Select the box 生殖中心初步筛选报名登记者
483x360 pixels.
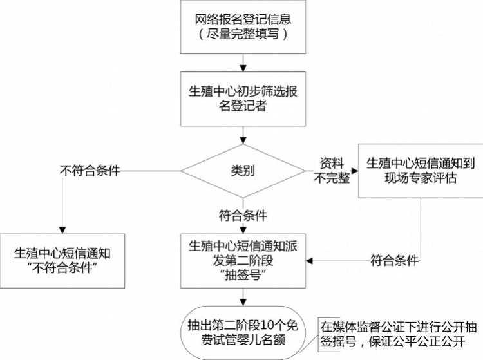point(242,98)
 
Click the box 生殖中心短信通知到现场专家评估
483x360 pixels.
point(421,170)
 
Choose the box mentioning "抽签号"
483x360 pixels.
point(242,260)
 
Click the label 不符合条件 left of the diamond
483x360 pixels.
point(90,171)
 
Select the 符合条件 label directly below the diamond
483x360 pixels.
point(242,214)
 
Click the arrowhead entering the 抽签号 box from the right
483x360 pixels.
point(310,261)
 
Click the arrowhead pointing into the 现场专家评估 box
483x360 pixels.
point(354,171)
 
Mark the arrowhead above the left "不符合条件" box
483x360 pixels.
point(62,228)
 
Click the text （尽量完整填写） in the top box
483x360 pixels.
point(242,34)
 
